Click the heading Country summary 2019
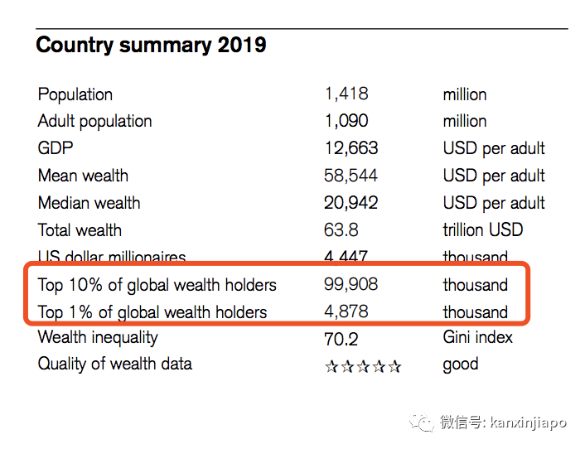(151, 45)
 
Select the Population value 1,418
(346, 94)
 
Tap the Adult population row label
(94, 122)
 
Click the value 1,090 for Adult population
(346, 121)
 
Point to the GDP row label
(56, 149)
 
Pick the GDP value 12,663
(351, 148)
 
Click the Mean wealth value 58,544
(351, 176)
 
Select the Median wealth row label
(89, 203)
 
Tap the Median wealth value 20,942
(351, 203)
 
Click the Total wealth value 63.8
(341, 230)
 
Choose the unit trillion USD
(482, 230)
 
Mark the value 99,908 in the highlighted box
(351, 285)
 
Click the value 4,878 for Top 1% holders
(346, 312)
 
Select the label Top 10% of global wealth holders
(157, 285)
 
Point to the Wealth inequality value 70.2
(341, 338)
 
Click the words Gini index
(477, 338)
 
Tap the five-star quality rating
(363, 365)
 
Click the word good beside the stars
(460, 365)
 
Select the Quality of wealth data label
(114, 364)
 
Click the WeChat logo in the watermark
(425, 422)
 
